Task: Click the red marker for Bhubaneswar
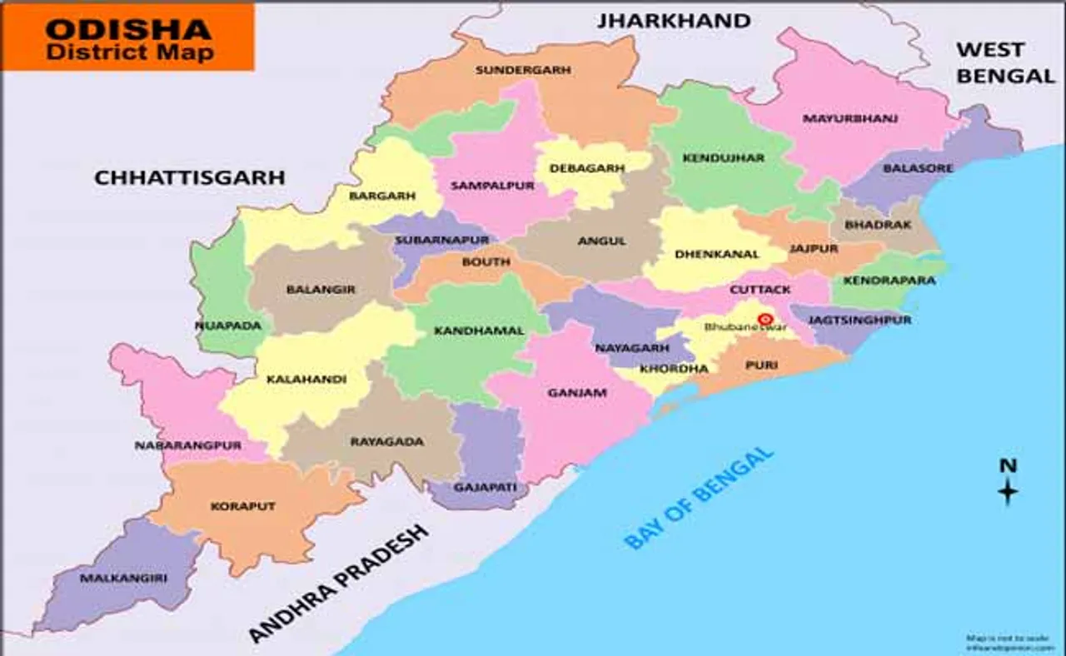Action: coord(765,319)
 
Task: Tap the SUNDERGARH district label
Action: coord(523,70)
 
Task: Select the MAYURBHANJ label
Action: coord(849,118)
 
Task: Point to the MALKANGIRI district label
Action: coord(111,577)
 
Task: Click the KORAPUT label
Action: coord(242,506)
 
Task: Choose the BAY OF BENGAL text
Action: coord(699,498)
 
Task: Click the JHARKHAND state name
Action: coord(673,20)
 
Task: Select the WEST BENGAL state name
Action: coord(1004,62)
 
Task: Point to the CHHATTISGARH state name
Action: coord(189,177)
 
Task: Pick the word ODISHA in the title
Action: coord(128,28)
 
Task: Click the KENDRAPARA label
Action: coord(889,281)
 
